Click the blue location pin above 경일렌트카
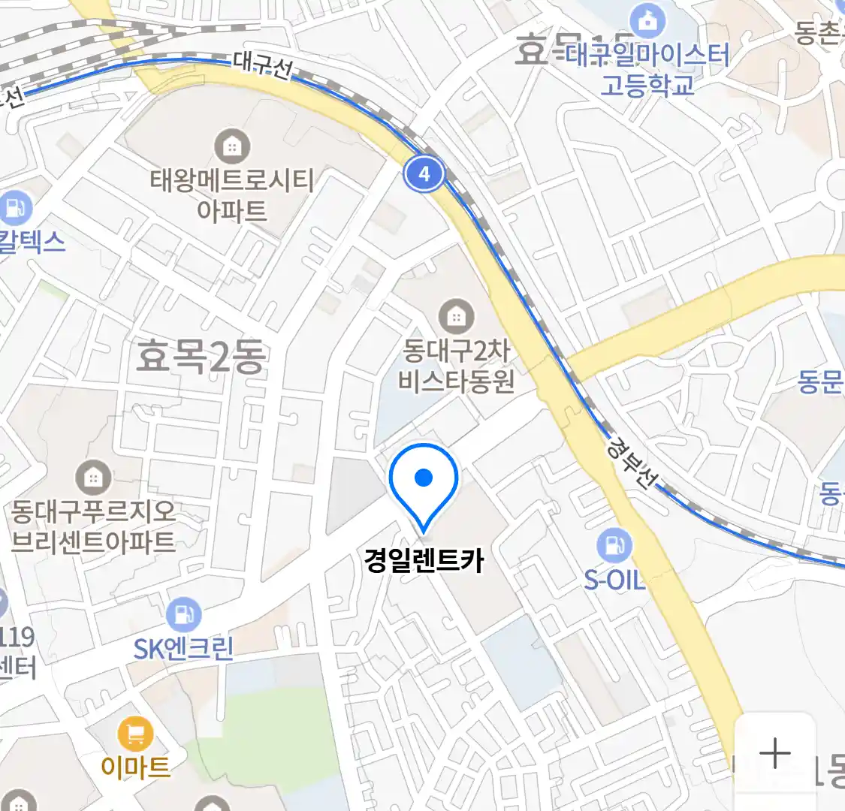[424, 481]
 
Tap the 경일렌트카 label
[424, 560]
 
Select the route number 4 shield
[424, 174]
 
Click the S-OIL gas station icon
[614, 545]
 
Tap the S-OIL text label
[614, 580]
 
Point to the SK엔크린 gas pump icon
[183, 614]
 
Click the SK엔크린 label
[183, 648]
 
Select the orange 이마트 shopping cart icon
[135, 734]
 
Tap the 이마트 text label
[135, 767]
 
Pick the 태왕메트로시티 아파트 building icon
[232, 146]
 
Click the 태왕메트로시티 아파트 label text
[232, 195]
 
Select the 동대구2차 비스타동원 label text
[456, 366]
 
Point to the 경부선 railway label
[630, 463]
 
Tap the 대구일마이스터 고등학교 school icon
[647, 20]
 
